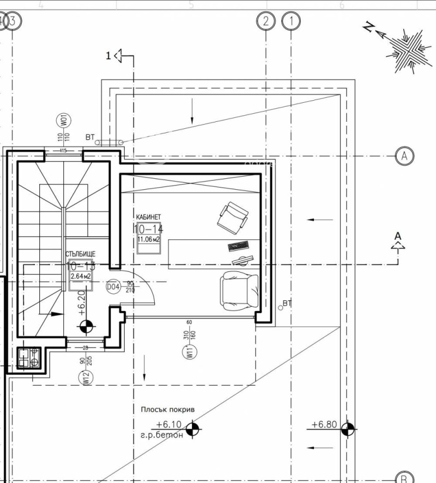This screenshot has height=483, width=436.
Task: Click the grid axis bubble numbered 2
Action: pyautogui.click(x=265, y=22)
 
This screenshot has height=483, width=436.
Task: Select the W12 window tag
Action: pyautogui.click(x=86, y=377)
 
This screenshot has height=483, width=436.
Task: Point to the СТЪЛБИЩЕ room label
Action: pyautogui.click(x=81, y=254)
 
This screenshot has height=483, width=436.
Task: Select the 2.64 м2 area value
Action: pyautogui.click(x=80, y=276)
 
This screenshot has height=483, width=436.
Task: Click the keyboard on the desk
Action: pyautogui.click(x=238, y=246)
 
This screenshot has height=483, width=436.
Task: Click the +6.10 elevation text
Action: pyautogui.click(x=168, y=424)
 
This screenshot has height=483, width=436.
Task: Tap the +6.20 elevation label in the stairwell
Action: pyautogui.click(x=82, y=302)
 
